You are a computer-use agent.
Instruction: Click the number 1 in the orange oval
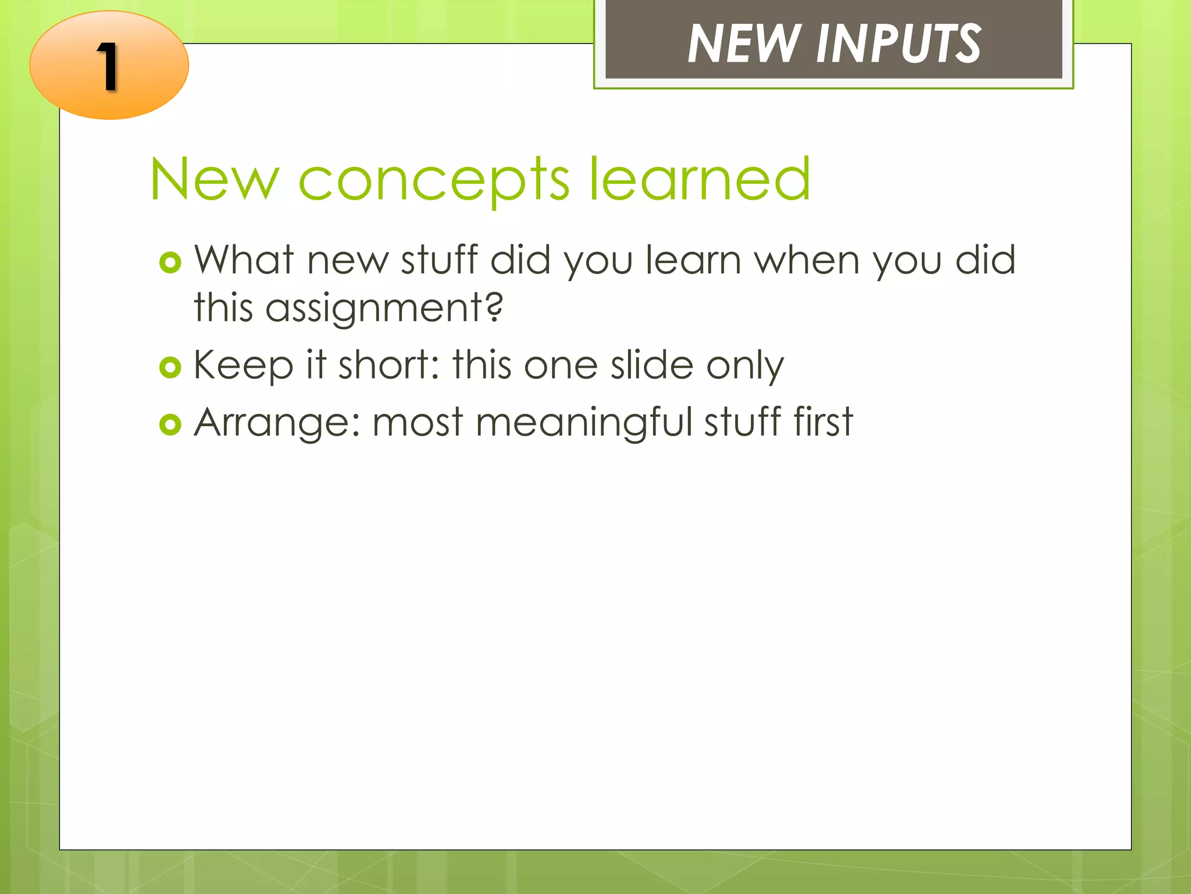(108, 68)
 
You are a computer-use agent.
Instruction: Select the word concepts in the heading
(433, 180)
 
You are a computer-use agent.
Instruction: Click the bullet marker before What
(170, 263)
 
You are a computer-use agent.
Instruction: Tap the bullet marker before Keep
(170, 368)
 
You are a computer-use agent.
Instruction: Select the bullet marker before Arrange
(170, 425)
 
